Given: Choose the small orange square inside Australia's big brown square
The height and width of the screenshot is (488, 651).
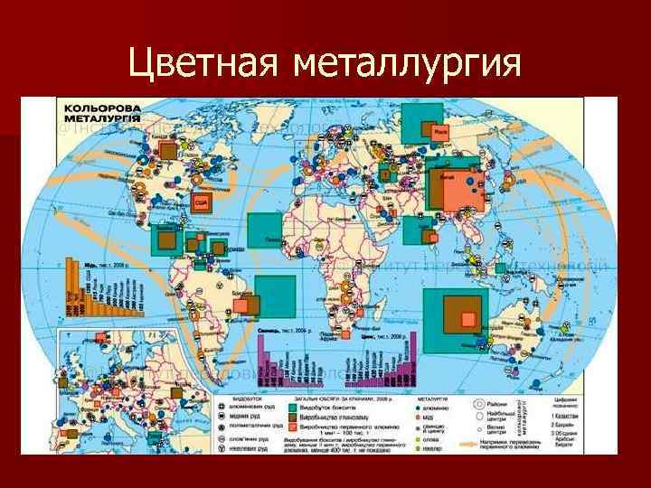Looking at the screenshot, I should click(x=467, y=319).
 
